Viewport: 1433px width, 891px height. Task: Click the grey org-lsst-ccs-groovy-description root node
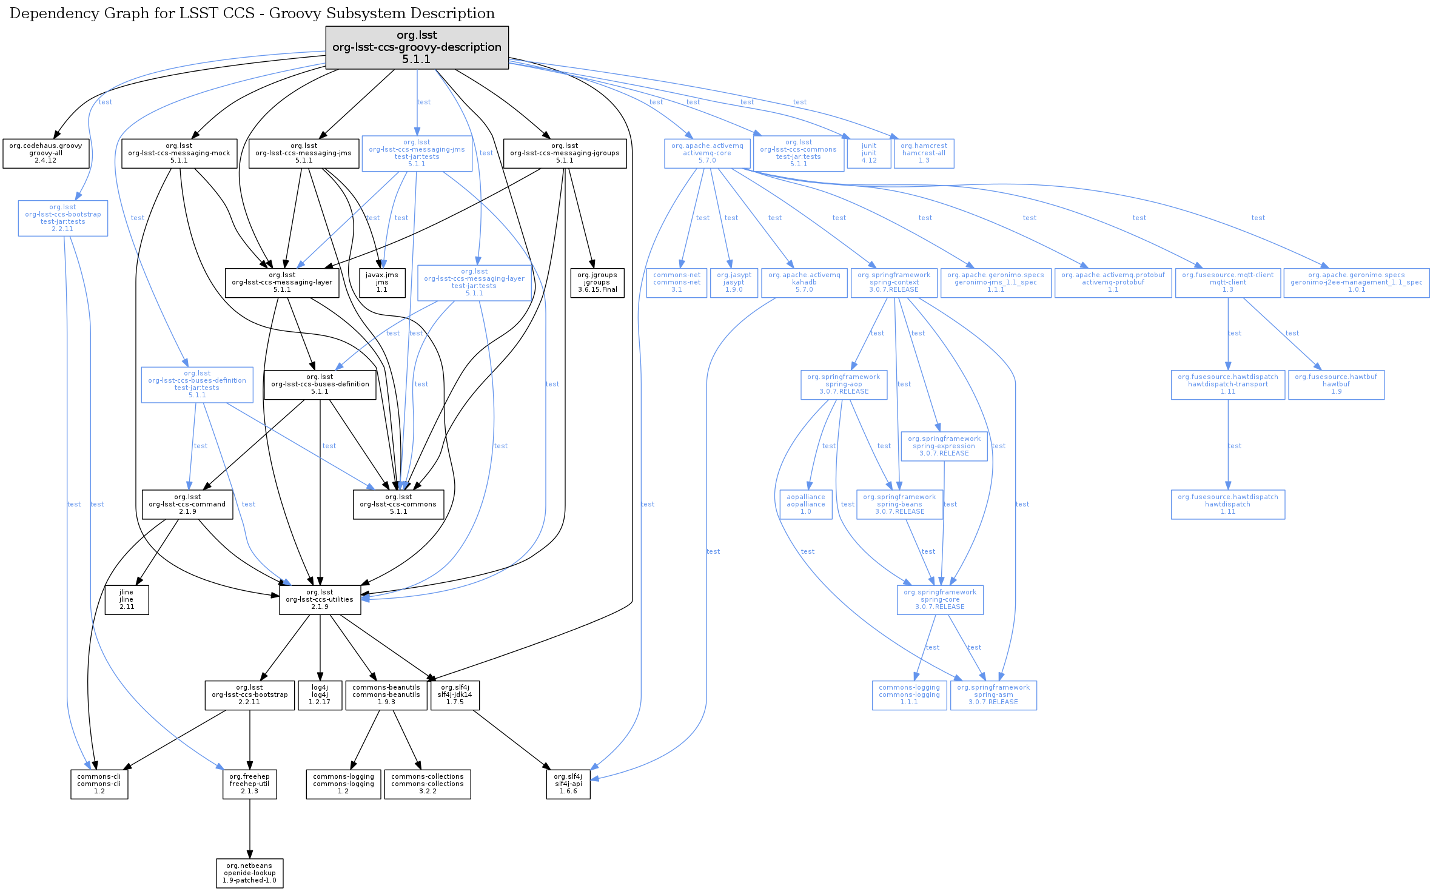pyautogui.click(x=417, y=47)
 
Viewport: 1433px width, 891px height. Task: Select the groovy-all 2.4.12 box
pyautogui.click(x=45, y=153)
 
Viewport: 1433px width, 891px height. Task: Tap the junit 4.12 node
pyautogui.click(x=868, y=153)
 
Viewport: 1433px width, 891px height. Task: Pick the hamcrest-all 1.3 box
pyautogui.click(x=924, y=153)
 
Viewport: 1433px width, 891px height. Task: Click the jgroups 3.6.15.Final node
pyautogui.click(x=597, y=283)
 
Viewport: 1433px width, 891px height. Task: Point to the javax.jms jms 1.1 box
pyautogui.click(x=381, y=283)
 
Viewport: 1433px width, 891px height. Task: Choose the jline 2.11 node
pyautogui.click(x=126, y=600)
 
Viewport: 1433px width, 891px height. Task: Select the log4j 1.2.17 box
pyautogui.click(x=320, y=695)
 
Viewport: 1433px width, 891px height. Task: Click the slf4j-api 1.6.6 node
pyautogui.click(x=568, y=784)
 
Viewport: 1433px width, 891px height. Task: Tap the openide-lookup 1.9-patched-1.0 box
pyautogui.click(x=249, y=873)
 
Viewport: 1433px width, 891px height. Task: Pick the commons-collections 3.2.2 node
pyautogui.click(x=427, y=784)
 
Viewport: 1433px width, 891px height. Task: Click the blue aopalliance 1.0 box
pyautogui.click(x=805, y=505)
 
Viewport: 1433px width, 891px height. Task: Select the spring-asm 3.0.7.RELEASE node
pyautogui.click(x=993, y=695)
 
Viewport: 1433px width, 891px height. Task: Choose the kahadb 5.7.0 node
pyautogui.click(x=804, y=283)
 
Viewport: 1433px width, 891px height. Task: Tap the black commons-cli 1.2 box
pyautogui.click(x=99, y=784)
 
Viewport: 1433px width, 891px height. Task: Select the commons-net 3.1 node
pyautogui.click(x=676, y=283)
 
